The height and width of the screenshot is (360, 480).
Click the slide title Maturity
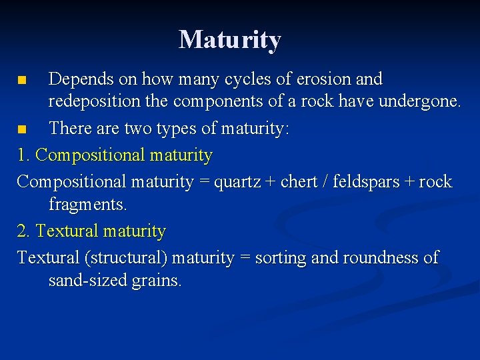[x=230, y=40]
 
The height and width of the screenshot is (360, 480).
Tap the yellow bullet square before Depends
[x=22, y=81]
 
